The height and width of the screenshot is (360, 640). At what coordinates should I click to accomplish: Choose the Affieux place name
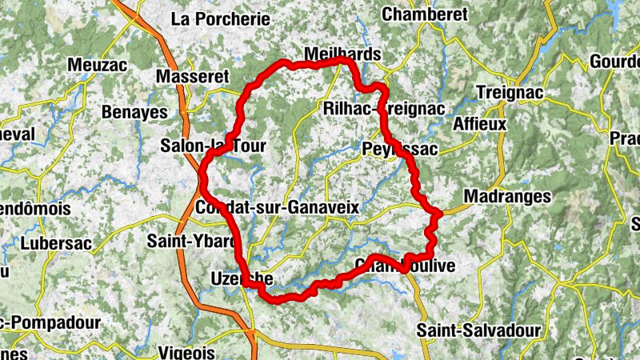coord(480,124)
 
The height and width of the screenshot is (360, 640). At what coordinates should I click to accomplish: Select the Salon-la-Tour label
coord(212,146)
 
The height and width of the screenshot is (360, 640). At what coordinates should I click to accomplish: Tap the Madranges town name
coord(507,197)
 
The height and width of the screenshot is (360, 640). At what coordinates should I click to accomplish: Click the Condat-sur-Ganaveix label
coord(276,208)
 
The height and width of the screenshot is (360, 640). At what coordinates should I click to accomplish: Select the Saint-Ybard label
coord(192,241)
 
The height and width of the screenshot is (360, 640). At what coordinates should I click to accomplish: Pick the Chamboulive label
coord(405,266)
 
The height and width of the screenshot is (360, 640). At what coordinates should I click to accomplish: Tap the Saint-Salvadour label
coord(480,330)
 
